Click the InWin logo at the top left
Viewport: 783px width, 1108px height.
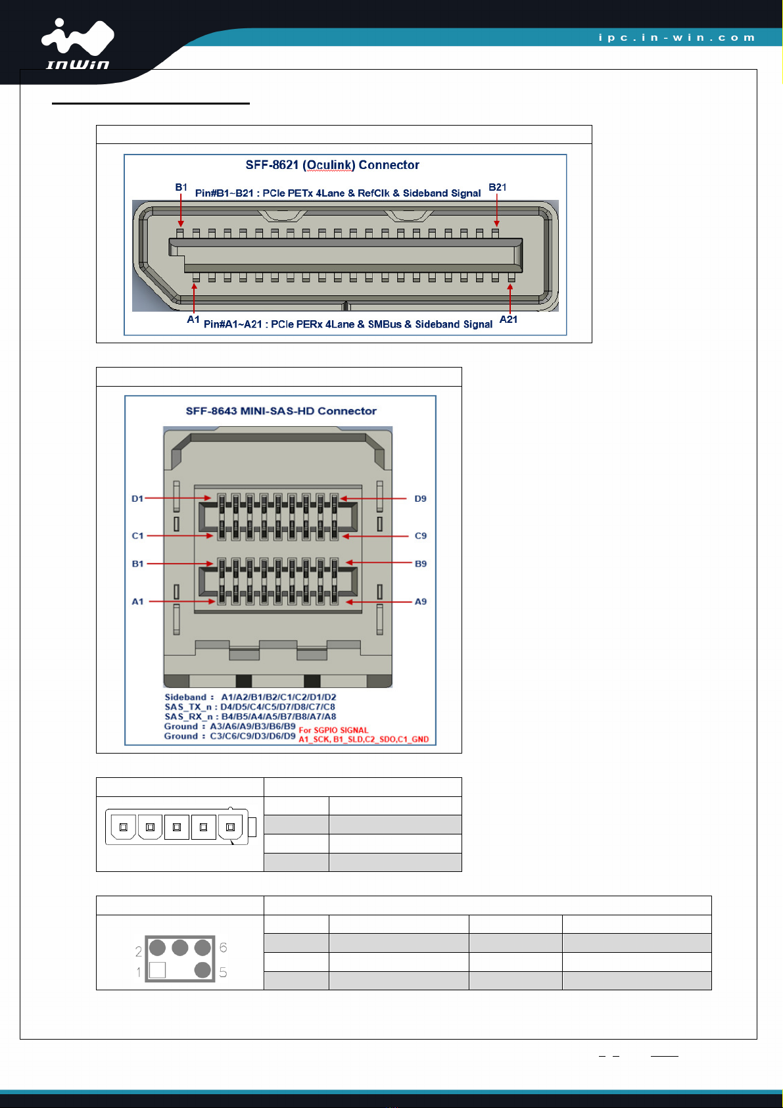[78, 43]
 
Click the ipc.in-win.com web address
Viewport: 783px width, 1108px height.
[676, 37]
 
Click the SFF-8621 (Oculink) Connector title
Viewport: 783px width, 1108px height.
[333, 165]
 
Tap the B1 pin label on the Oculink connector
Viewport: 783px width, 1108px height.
[181, 187]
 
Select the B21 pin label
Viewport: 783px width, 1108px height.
[497, 187]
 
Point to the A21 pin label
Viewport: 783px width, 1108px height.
[508, 320]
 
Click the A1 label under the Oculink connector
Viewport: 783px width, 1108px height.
[193, 320]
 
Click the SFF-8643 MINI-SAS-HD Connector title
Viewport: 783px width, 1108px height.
[281, 411]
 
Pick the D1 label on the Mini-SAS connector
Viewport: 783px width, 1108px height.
[137, 498]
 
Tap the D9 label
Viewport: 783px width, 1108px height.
[421, 498]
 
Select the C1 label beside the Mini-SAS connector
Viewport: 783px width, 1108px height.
[137, 536]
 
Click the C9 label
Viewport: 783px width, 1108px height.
[421, 536]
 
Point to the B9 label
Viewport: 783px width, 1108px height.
[421, 564]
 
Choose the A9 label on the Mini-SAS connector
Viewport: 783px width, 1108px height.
[421, 602]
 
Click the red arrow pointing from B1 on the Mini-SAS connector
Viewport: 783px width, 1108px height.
[180, 564]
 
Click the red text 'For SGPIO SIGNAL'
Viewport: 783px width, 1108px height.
[333, 730]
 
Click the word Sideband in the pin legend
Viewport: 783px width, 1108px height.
[185, 698]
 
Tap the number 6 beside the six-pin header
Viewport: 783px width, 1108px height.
[223, 948]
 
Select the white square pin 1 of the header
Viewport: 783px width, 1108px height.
[157, 970]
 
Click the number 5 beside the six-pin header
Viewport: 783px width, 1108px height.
[223, 973]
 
